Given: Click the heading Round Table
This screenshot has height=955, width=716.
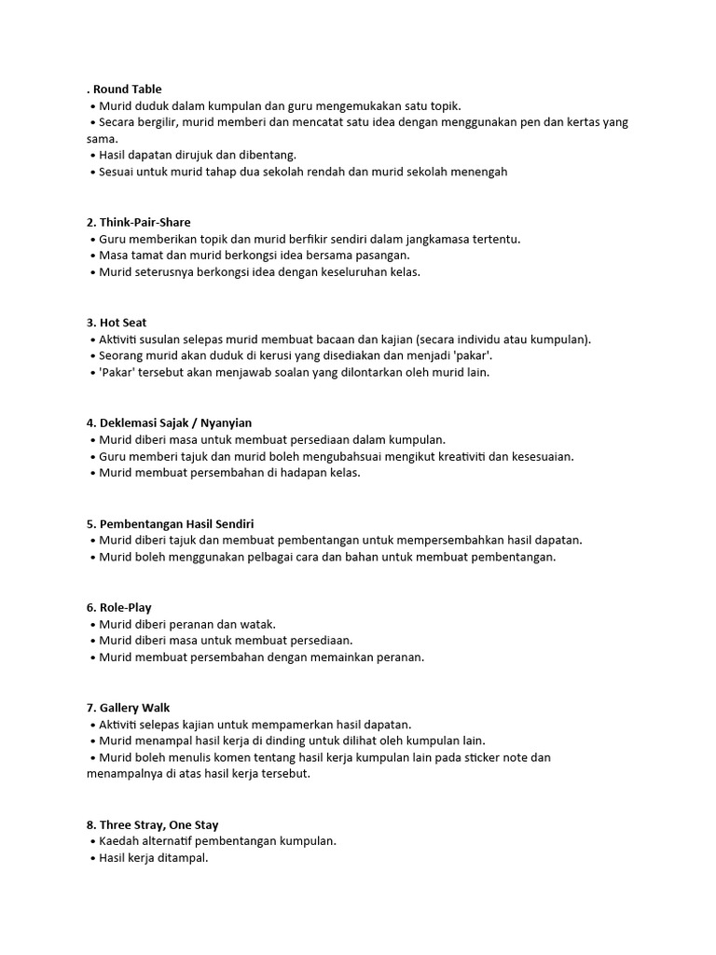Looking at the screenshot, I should coord(127,89).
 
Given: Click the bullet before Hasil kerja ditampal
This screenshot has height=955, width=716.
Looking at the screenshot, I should coord(93,859).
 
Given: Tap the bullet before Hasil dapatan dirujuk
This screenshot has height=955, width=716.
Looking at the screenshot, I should coord(93,156).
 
